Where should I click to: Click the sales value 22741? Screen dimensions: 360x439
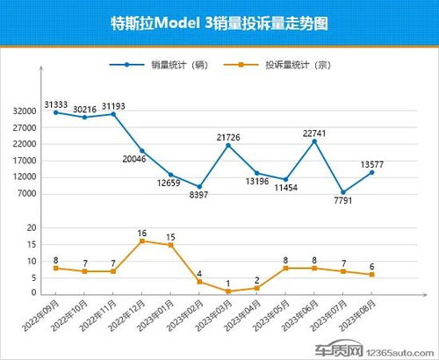click(x=313, y=133)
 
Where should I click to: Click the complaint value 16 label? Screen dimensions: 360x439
click(x=142, y=234)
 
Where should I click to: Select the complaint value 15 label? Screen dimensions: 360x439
click(x=171, y=237)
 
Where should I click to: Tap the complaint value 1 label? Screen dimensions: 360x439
click(x=228, y=284)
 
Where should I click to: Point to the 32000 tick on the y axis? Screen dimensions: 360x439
click(x=25, y=112)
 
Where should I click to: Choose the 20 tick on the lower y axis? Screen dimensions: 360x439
click(x=32, y=227)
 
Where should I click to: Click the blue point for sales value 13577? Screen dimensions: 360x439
click(x=372, y=172)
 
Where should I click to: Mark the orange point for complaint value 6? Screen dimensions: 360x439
click(x=372, y=275)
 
